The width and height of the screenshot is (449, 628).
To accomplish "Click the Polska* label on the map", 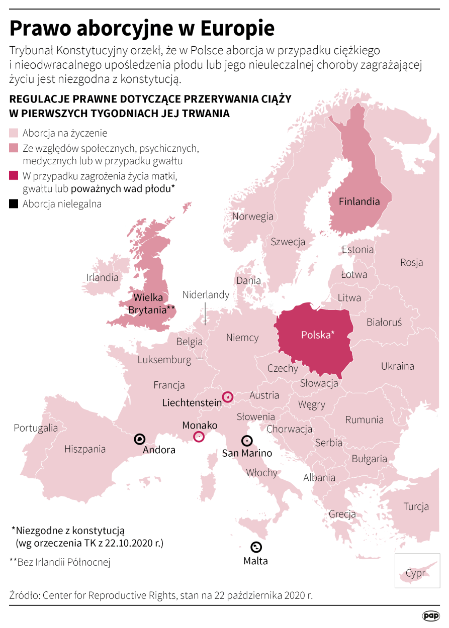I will coord(317,335).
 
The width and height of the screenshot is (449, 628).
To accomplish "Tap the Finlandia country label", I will coord(359,201).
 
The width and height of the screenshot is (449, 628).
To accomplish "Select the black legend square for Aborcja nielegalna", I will coord(14,204).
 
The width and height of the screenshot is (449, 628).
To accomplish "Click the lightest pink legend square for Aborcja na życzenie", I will coord(14,133).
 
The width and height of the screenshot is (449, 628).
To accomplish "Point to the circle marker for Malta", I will coord(256,547).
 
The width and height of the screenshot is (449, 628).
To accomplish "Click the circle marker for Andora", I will coord(139,440).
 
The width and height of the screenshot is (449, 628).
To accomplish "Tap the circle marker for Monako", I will coord(199,437).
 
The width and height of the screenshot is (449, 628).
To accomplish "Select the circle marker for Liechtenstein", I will coord(228,397).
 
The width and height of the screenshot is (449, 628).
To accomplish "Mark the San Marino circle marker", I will coord(246,441).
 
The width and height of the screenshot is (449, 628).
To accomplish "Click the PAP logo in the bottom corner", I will coord(430,615).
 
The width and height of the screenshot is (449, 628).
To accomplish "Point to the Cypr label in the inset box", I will coord(415,574).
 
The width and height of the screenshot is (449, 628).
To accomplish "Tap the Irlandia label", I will coord(102,277).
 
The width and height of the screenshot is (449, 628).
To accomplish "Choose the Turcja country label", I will coord(416,506).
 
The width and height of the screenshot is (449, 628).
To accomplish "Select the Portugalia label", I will coord(36,428).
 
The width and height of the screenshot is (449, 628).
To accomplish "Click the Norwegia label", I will coord(252,217).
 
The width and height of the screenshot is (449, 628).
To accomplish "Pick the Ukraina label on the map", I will coord(397,366).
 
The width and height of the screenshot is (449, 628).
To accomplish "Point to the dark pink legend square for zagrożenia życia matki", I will coord(14,176).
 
